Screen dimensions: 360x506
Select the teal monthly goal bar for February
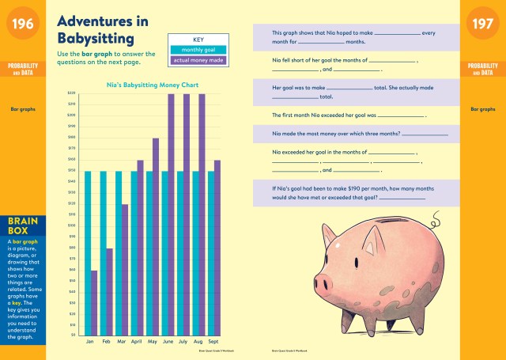(102, 253)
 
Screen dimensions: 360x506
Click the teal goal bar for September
(210, 253)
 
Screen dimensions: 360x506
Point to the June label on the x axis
(168, 341)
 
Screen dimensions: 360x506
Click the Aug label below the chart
(198, 341)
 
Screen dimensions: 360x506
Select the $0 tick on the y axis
(73, 335)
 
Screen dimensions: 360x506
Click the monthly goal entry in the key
(198, 49)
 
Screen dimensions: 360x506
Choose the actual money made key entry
(198, 59)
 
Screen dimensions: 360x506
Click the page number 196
(23, 25)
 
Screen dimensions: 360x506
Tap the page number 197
(483, 25)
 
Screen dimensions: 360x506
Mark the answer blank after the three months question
(424, 135)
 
